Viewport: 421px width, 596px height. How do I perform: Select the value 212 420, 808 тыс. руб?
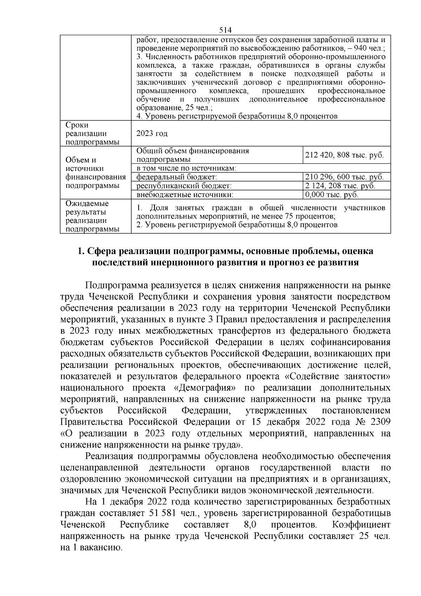[344, 155]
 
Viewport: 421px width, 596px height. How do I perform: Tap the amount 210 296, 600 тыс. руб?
[344, 177]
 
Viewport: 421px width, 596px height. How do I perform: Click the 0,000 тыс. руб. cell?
[332, 195]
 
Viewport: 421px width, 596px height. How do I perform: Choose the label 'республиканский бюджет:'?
[184, 186]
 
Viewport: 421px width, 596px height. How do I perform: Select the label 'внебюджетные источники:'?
[185, 195]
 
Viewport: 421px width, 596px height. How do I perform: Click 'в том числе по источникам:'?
[186, 168]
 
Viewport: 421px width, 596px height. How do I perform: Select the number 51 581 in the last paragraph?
[164, 513]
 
